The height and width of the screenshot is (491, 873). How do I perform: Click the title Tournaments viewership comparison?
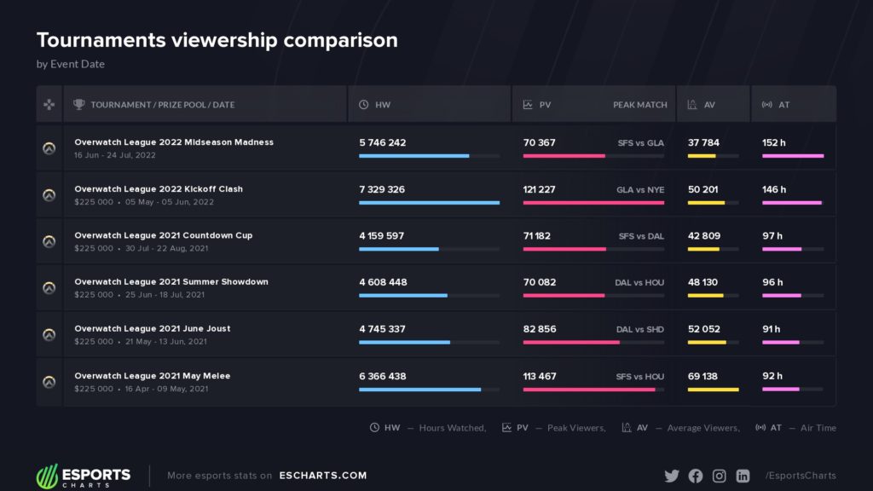click(217, 40)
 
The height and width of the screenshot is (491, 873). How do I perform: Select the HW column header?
click(383, 105)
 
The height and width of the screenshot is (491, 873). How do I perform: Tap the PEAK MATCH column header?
click(639, 105)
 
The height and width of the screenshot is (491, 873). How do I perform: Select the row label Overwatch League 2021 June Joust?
click(152, 328)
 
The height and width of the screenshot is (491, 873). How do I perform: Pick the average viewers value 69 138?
click(702, 375)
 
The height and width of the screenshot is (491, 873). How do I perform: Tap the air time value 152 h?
click(774, 142)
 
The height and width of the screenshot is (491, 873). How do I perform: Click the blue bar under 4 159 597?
click(399, 249)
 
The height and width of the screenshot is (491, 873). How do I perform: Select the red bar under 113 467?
click(589, 390)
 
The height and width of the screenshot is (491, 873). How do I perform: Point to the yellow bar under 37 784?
click(702, 156)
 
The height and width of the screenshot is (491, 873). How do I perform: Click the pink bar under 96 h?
click(782, 296)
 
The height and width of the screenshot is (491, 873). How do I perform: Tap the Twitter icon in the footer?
click(672, 476)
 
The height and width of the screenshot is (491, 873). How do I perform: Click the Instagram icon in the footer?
click(719, 476)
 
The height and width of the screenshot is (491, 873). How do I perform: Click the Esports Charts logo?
click(84, 476)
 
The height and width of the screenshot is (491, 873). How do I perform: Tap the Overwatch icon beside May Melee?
click(49, 382)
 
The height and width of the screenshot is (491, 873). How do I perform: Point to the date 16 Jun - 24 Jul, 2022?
click(114, 155)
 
